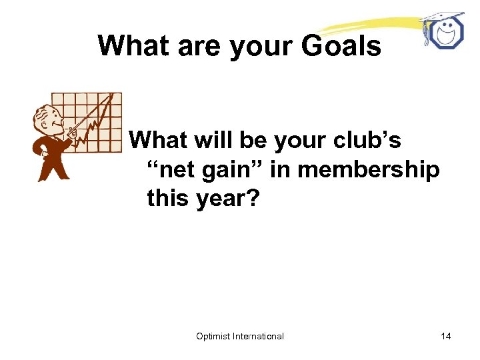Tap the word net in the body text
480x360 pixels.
click(x=177, y=170)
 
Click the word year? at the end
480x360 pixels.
click(x=225, y=199)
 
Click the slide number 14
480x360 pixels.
click(x=446, y=336)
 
